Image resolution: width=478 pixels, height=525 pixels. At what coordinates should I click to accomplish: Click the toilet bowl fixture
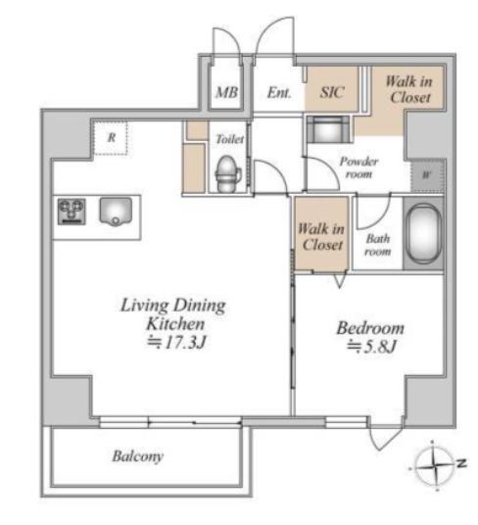pos(228,173)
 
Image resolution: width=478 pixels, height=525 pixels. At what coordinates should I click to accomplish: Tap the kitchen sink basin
pos(116,212)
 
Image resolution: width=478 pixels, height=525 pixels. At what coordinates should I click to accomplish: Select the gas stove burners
pos(72,212)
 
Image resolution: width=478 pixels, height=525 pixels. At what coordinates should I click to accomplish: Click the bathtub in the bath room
pos(423,233)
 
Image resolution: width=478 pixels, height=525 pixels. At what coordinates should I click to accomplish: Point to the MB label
pos(226,92)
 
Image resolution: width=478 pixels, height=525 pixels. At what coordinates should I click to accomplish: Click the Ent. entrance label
pos(279,92)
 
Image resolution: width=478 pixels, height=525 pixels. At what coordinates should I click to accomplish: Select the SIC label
pos(331,92)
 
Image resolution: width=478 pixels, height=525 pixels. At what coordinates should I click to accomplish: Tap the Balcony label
pos(137,456)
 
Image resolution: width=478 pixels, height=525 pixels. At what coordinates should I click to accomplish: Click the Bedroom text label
pos(370,328)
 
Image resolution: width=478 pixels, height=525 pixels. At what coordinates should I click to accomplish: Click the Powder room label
pos(358,167)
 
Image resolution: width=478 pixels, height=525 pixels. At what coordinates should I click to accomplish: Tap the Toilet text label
pos(229,139)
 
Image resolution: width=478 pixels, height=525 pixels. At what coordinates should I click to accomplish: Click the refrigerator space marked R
pos(111,137)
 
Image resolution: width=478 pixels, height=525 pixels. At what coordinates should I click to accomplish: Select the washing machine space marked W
pos(427,175)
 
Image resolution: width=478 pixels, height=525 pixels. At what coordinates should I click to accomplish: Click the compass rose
pos(434,465)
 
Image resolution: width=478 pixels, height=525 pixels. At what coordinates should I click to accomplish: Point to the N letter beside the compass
pos(462,463)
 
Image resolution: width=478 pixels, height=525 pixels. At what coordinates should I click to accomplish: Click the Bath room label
pos(378,245)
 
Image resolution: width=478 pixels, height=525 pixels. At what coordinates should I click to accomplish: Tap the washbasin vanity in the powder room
pos(329,129)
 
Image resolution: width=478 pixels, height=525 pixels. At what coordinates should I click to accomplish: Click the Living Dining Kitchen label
pos(173,314)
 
